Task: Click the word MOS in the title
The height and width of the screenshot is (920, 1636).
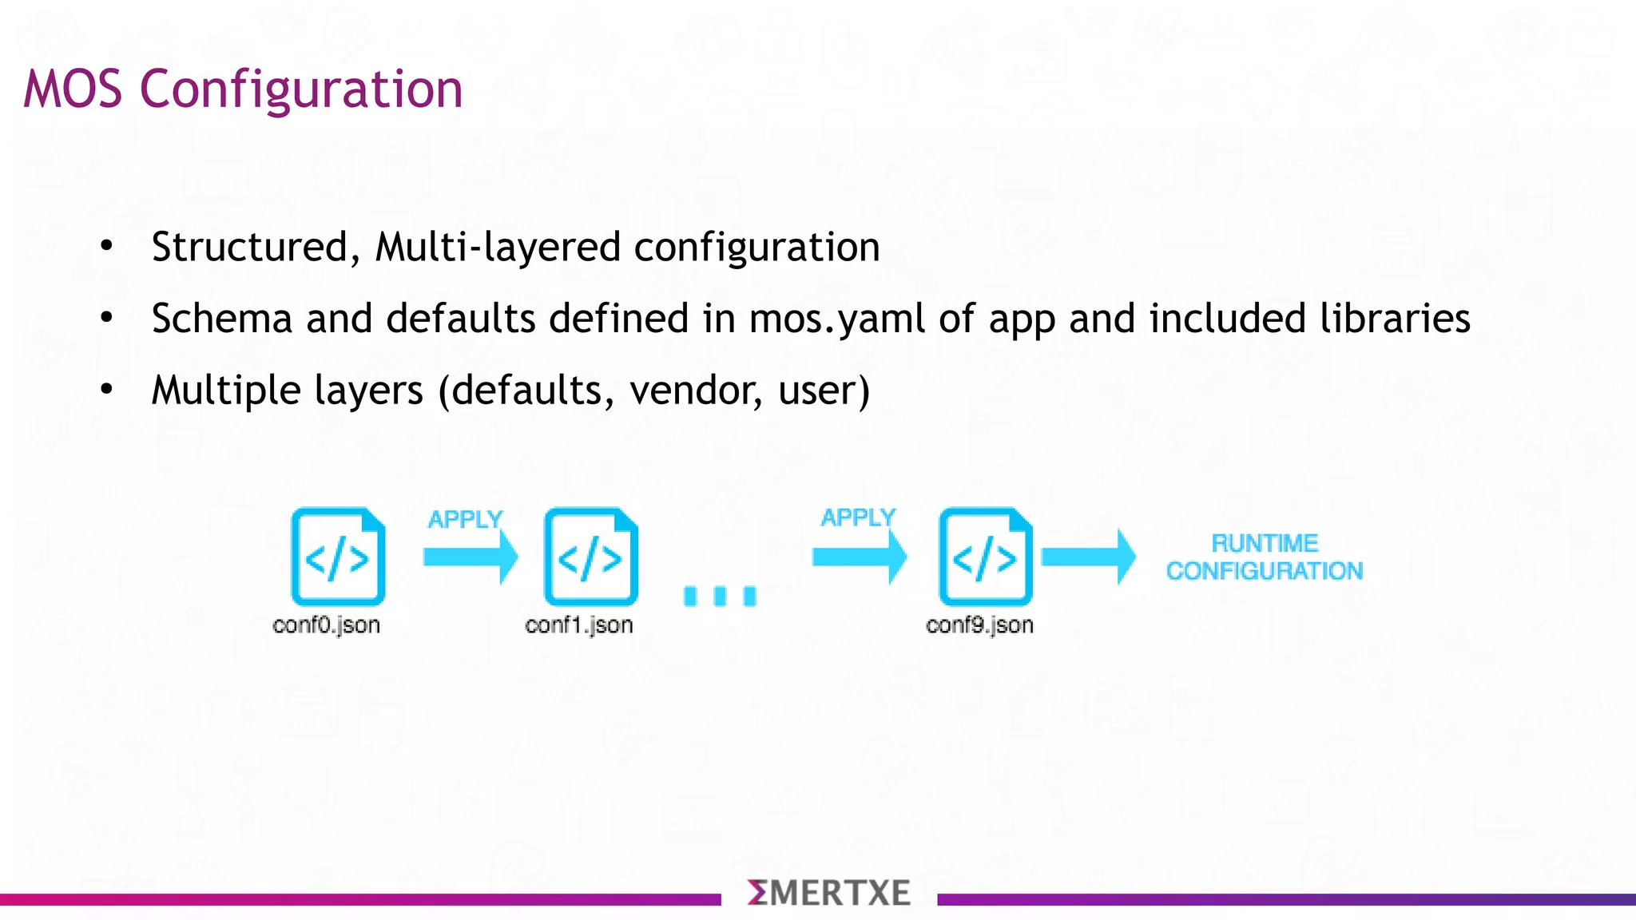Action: (x=73, y=89)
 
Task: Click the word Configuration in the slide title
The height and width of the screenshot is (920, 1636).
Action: (x=301, y=89)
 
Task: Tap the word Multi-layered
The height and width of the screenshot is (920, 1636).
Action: (x=498, y=247)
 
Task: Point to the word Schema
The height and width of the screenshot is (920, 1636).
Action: (x=222, y=319)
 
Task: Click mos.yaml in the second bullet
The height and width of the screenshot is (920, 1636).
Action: (x=836, y=319)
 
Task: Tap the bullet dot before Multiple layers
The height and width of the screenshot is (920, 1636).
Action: (x=107, y=390)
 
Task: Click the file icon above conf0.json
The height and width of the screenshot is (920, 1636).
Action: (x=338, y=557)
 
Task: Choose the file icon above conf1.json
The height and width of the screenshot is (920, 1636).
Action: (x=590, y=557)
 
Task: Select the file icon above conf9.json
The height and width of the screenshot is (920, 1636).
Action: (x=985, y=557)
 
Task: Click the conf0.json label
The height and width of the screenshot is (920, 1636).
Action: (x=326, y=625)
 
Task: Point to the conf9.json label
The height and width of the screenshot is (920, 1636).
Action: (x=979, y=625)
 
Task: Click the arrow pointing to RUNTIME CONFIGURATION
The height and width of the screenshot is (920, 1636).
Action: (x=1088, y=557)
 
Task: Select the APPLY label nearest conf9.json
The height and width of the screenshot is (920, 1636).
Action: (x=858, y=517)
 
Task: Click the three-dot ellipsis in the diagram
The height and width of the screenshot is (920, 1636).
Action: (x=720, y=596)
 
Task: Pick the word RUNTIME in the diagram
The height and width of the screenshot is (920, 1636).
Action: (x=1265, y=544)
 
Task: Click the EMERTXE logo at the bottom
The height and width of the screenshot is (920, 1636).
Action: (x=828, y=893)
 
